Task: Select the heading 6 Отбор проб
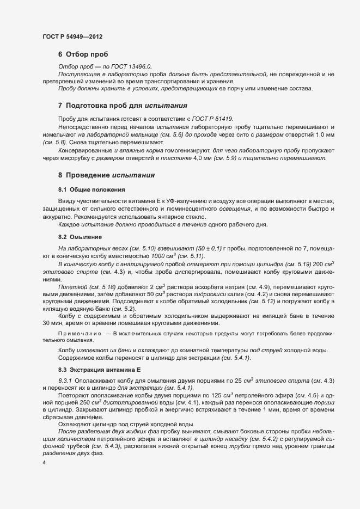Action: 83,54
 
